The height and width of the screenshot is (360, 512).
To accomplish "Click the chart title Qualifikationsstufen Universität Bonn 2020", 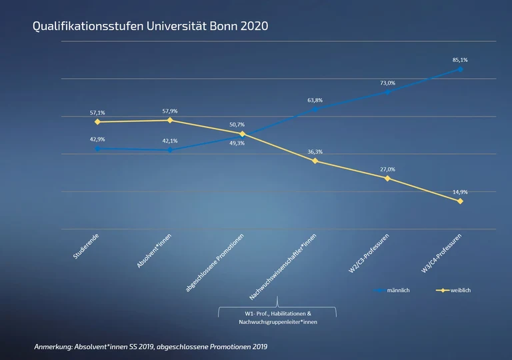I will tap(150, 27).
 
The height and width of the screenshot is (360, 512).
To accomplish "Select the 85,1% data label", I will tap(460, 59).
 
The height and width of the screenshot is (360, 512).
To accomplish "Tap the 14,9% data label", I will tap(460, 191).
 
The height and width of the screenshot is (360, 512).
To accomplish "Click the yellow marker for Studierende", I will tap(97, 122).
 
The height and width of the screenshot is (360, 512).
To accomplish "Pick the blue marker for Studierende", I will tap(97, 148).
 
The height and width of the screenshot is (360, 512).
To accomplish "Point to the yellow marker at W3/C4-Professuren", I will tap(460, 201).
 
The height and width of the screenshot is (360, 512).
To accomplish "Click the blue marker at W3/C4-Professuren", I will tap(460, 69).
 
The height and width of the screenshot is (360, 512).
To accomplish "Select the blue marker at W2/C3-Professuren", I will tap(387, 91).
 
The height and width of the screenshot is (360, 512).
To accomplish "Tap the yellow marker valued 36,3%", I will tap(315, 161).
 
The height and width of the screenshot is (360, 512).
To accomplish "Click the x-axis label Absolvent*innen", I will tap(155, 251).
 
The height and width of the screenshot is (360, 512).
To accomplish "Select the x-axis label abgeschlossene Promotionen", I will tap(215, 263).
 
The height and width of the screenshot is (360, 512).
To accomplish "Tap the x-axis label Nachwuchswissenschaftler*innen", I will tap(283, 267).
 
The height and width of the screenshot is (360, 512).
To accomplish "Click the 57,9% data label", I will tap(170, 111).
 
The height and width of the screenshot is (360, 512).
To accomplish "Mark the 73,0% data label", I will tap(387, 83).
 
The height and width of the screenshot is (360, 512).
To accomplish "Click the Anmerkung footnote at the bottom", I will tap(151, 347).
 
